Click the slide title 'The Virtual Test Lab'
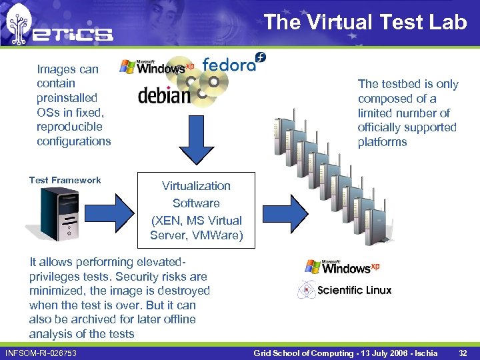365,22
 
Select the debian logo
164,95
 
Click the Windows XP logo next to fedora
156,67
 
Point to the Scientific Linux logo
345,290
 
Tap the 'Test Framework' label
65,180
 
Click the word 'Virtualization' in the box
196,186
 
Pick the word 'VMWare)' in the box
221,235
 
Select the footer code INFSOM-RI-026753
41,353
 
